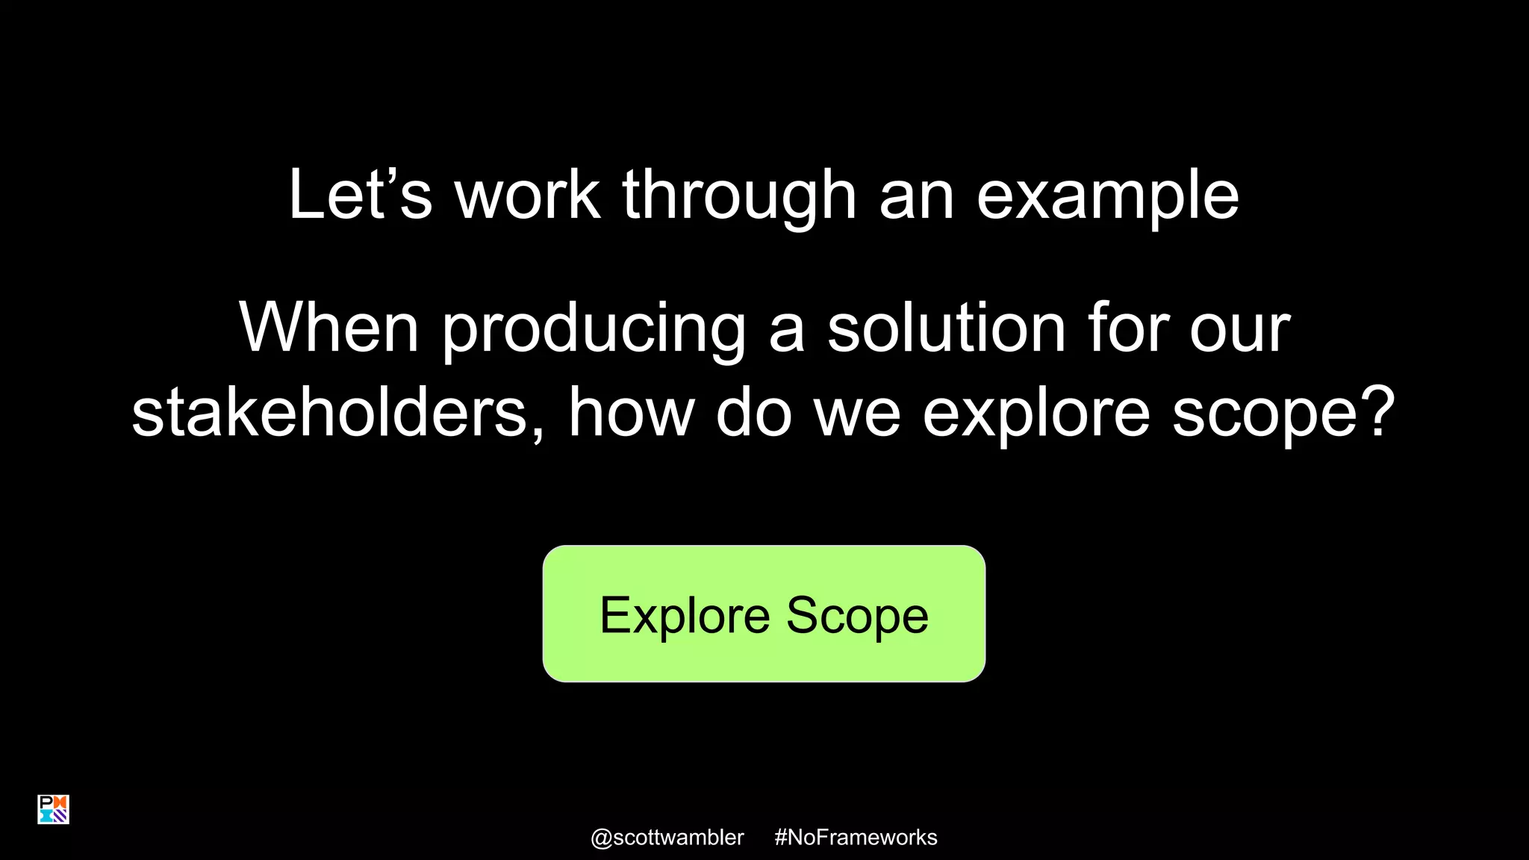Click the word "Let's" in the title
(x=359, y=195)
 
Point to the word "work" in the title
(x=527, y=195)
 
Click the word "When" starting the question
(x=328, y=328)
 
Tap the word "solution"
(x=946, y=328)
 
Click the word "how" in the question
(x=631, y=413)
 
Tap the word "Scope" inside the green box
(x=857, y=616)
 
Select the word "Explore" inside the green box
(x=685, y=616)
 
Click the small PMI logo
(x=53, y=809)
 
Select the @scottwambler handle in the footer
(x=667, y=838)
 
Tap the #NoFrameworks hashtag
(x=856, y=838)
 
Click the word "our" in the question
(x=1239, y=329)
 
